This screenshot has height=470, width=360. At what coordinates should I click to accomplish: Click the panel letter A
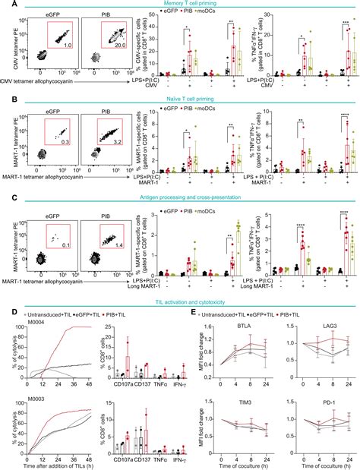[5, 6]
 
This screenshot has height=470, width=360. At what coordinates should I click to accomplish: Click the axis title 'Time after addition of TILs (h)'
[51, 465]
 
